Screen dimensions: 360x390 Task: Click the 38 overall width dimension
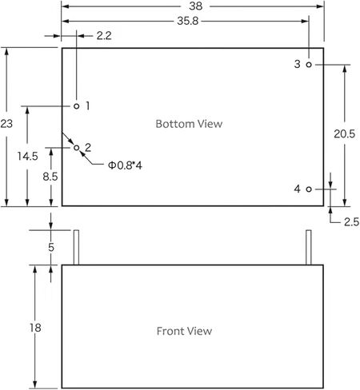[x=196, y=6]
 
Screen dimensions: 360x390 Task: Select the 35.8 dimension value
[x=188, y=21]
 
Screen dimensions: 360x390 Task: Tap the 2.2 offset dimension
[x=104, y=36]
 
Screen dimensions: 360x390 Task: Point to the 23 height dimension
[x=6, y=124]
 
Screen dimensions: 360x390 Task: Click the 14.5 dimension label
[x=28, y=156]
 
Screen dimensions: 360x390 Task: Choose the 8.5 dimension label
[x=50, y=177]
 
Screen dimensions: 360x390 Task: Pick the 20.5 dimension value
[x=345, y=133]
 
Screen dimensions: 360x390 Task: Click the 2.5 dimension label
[x=351, y=222]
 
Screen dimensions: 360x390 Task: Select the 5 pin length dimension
[x=51, y=248]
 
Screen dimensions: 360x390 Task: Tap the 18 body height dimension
[x=35, y=328]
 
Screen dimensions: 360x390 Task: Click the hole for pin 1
[x=77, y=106]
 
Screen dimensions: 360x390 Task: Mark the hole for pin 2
[x=77, y=148]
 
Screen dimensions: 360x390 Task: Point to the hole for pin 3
[x=309, y=65]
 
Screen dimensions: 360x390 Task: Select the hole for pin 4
[x=309, y=189]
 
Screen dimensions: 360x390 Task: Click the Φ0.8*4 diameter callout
[x=125, y=165]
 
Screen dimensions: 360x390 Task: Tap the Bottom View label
[x=189, y=124]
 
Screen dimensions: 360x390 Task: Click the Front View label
[x=184, y=331]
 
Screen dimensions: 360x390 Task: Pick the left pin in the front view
[x=76, y=248]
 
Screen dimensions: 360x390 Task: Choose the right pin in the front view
[x=309, y=248]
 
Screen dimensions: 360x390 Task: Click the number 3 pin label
[x=297, y=64]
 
